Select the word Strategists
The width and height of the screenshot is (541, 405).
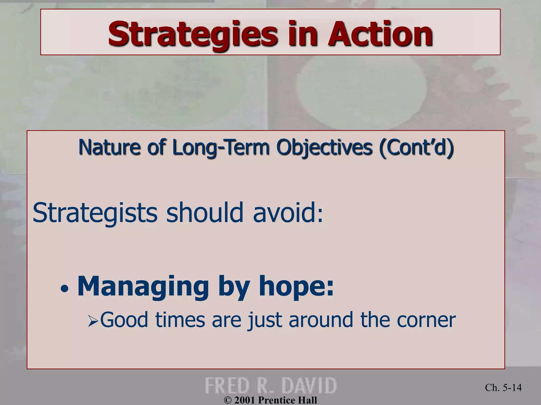95,213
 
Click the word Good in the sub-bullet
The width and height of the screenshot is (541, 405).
124,320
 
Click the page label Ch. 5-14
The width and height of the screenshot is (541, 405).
503,387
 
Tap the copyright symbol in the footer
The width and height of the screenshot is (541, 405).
227,400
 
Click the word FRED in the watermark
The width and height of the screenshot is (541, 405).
227,386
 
